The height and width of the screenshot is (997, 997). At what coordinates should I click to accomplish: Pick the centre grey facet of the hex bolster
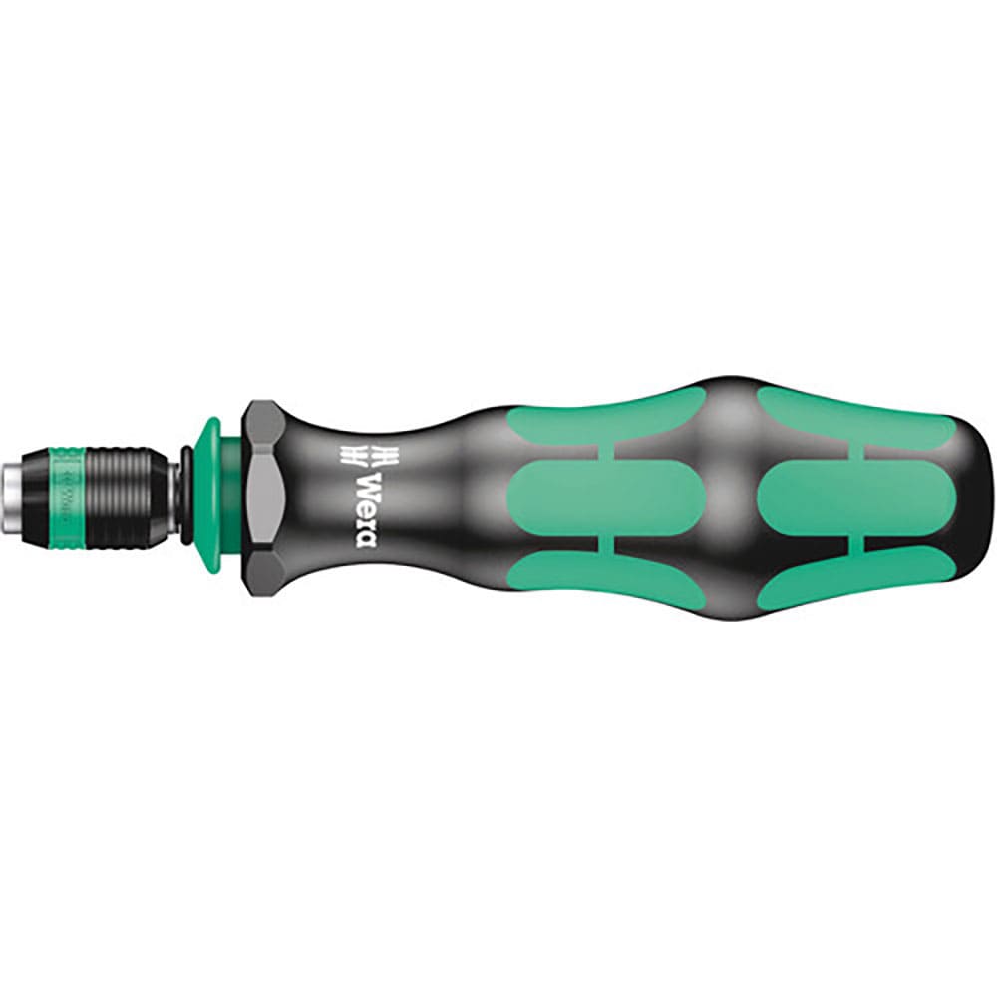263,495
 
